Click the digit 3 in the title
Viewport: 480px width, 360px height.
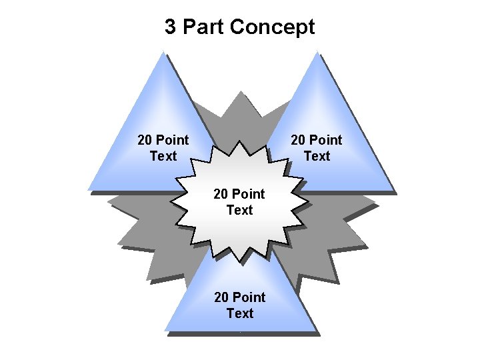pyautogui.click(x=171, y=27)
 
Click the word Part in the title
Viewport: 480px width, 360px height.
pyautogui.click(x=203, y=27)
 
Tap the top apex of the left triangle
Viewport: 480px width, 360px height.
pyautogui.click(x=163, y=53)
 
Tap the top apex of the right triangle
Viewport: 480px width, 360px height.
pyautogui.click(x=317, y=53)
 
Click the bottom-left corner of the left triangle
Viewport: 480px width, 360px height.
pyautogui.click(x=88, y=190)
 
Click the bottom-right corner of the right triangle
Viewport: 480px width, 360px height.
pyautogui.click(x=393, y=190)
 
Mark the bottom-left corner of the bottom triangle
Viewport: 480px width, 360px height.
pyautogui.click(x=165, y=331)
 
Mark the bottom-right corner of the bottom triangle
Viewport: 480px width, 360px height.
pyautogui.click(x=315, y=331)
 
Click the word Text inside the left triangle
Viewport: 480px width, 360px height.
pyautogui.click(x=163, y=156)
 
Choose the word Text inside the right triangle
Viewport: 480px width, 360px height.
pyautogui.click(x=317, y=156)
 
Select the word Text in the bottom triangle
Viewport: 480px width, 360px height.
pyautogui.click(x=240, y=313)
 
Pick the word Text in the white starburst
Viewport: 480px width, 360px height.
pyautogui.click(x=240, y=210)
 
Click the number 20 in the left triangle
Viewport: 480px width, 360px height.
pyautogui.click(x=145, y=140)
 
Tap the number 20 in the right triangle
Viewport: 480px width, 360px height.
pyautogui.click(x=299, y=140)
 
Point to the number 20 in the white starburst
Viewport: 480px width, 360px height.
pyautogui.click(x=221, y=194)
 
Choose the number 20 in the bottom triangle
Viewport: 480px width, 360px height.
pyautogui.click(x=221, y=297)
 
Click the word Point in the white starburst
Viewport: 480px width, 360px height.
pyautogui.click(x=249, y=194)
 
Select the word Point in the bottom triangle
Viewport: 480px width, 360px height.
pyautogui.click(x=249, y=297)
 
